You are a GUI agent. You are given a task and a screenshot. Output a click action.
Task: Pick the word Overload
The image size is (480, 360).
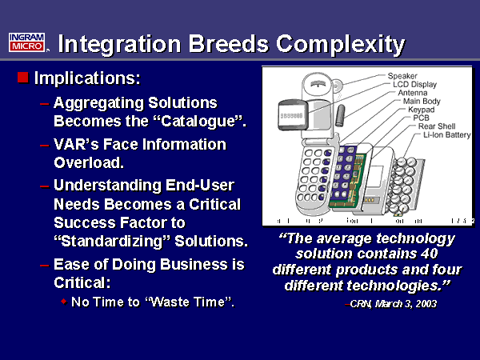[87, 162]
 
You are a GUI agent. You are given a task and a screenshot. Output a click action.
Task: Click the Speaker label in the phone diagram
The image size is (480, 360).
[403, 76]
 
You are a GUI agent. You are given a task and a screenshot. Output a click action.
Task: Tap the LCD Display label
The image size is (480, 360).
[415, 84]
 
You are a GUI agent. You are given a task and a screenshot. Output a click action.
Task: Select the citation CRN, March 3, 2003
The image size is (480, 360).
[391, 305]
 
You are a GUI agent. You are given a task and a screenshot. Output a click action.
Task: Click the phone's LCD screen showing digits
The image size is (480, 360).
[291, 116]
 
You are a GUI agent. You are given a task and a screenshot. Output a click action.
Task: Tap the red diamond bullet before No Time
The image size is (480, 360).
[64, 302]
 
